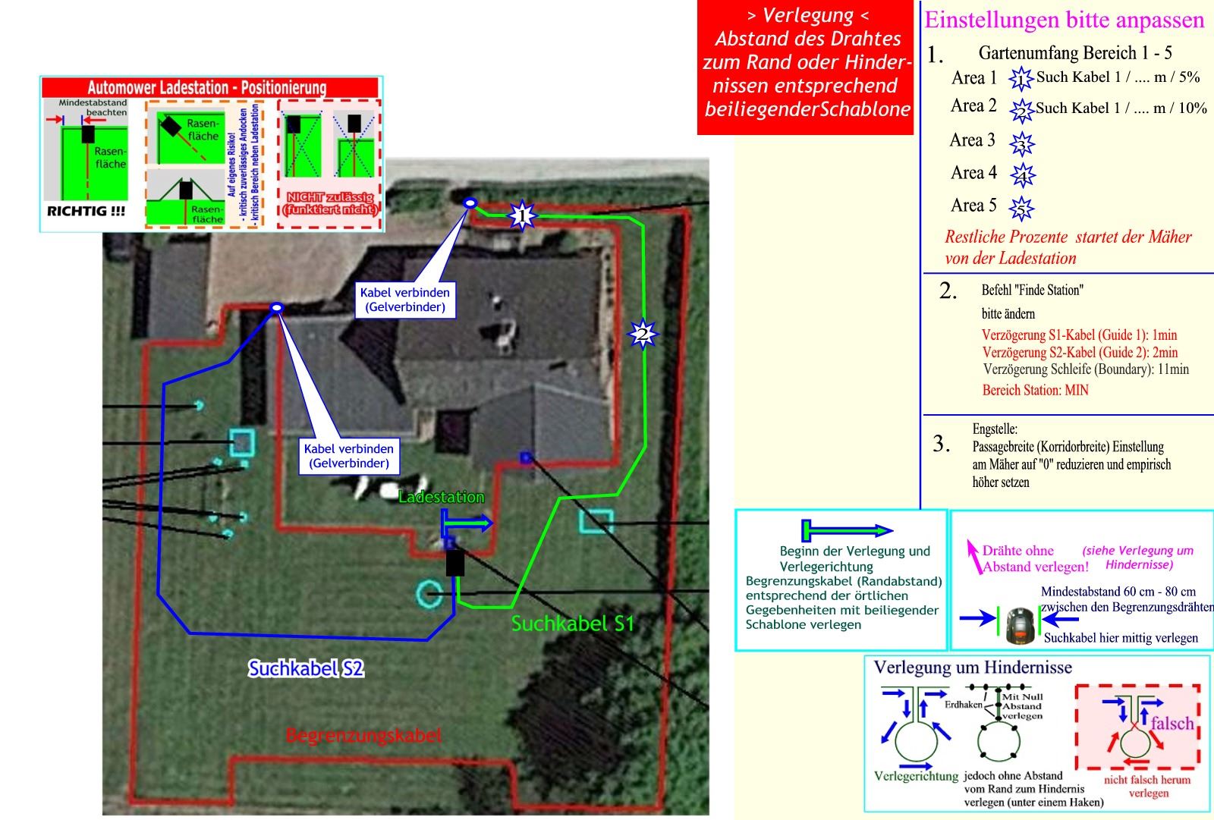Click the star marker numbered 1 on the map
[521, 216]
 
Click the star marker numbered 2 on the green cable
[643, 333]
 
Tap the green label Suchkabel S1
[572, 624]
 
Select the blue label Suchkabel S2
[306, 668]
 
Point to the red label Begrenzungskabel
[363, 735]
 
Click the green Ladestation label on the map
[441, 498]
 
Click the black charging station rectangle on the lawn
[454, 563]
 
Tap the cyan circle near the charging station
[430, 594]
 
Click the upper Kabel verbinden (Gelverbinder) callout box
[405, 300]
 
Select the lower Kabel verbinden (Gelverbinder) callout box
[348, 456]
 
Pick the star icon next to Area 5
[1022, 208]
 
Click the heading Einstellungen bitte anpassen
[1064, 20]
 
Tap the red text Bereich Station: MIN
[1035, 390]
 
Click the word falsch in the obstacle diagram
[1172, 723]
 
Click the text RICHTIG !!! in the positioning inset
[86, 212]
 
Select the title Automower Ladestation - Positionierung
[206, 87]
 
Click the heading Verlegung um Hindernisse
[973, 668]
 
